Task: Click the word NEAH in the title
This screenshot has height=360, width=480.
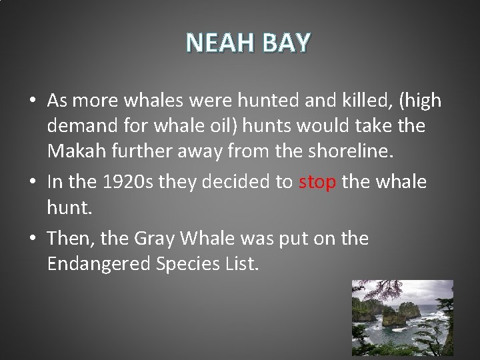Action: (x=221, y=43)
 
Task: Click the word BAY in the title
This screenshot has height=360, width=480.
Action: (x=287, y=43)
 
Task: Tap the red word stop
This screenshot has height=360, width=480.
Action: (x=317, y=182)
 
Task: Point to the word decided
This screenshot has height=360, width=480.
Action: (x=234, y=182)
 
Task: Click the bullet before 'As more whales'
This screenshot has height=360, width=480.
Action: (x=32, y=101)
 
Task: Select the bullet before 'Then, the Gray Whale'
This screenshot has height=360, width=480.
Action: (x=32, y=239)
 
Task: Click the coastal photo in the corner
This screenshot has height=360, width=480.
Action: (x=402, y=317)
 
